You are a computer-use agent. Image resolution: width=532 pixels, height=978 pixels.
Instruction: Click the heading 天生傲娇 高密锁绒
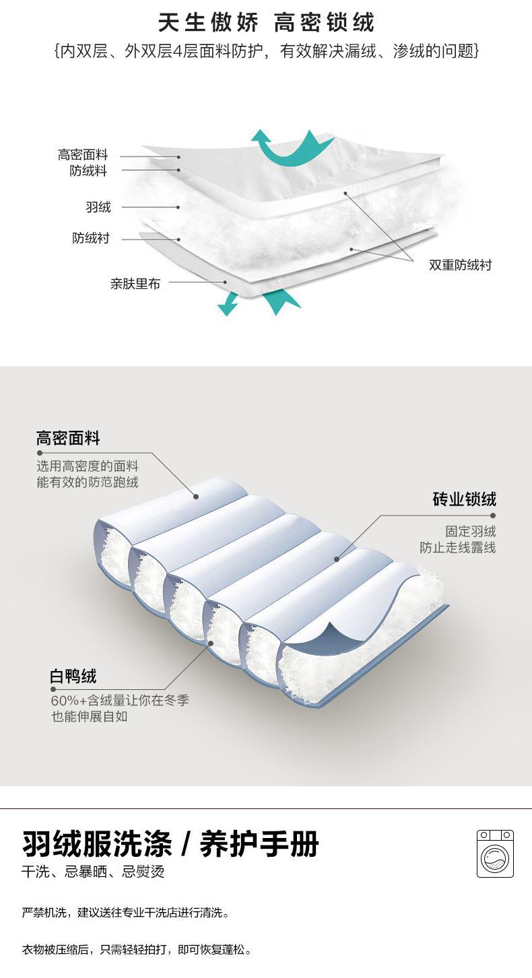pyautogui.click(x=266, y=23)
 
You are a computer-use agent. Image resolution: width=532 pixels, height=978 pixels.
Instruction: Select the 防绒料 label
pyautogui.click(x=88, y=171)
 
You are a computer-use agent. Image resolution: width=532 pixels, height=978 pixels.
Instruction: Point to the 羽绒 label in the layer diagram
pyautogui.click(x=98, y=207)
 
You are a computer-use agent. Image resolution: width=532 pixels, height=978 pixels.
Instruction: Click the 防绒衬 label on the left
pyautogui.click(x=91, y=238)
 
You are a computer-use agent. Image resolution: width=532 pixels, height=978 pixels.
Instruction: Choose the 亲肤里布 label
pyautogui.click(x=135, y=283)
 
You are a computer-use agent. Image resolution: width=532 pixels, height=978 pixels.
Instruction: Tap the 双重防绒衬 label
pyautogui.click(x=461, y=265)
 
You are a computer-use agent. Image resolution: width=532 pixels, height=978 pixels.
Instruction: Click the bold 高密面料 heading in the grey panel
pyautogui.click(x=68, y=439)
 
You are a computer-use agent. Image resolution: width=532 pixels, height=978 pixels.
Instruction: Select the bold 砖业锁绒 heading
pyautogui.click(x=464, y=499)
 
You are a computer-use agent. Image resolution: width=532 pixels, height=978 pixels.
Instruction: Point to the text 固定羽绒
pyautogui.click(x=470, y=532)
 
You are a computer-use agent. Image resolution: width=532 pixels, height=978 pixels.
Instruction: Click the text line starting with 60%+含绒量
pyautogui.click(x=120, y=701)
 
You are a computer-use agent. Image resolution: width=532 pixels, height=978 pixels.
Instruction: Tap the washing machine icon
pyautogui.click(x=495, y=853)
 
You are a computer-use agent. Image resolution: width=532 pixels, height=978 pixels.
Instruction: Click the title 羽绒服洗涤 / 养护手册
pyautogui.click(x=170, y=843)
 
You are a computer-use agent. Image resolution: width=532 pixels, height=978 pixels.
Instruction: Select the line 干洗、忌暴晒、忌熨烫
pyautogui.click(x=93, y=872)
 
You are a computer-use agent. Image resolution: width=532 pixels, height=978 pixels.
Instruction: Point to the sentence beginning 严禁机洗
pyautogui.click(x=126, y=913)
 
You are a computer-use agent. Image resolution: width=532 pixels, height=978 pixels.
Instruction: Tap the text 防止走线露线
pyautogui.click(x=458, y=548)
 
